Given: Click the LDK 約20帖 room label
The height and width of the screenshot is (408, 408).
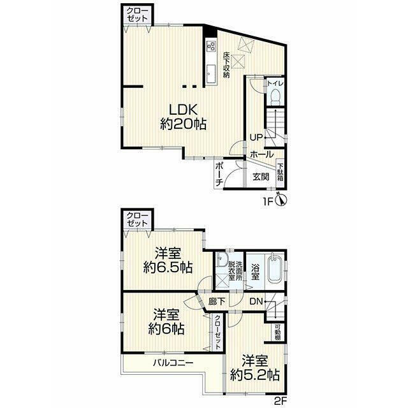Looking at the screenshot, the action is tap(183, 117).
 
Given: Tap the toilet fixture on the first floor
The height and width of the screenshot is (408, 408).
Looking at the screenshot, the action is tap(275, 96).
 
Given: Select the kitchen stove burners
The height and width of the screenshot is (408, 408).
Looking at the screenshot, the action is tap(211, 47).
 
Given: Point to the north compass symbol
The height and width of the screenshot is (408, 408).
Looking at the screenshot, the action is tap(281, 200).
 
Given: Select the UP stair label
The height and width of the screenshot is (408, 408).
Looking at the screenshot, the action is tap(256, 137).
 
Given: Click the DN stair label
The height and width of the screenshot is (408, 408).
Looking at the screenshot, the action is tap(256, 302).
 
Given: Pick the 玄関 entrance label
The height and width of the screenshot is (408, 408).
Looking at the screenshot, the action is tap(261, 177).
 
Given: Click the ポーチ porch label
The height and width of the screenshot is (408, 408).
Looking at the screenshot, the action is tap(219, 174).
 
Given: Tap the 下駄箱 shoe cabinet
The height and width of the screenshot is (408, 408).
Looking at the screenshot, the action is tap(280, 171).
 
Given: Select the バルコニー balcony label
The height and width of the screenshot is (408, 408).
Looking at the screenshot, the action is tap(173, 363).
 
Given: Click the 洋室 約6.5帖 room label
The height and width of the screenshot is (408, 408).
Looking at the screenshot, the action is tap(168, 260).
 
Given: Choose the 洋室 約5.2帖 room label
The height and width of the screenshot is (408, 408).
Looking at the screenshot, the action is tap(255, 368).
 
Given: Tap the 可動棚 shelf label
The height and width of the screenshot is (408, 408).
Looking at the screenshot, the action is tap(278, 331).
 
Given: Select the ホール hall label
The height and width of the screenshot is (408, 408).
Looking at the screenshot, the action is tap(262, 154).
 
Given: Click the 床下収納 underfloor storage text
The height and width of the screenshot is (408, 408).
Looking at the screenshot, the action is tap(226, 65).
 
